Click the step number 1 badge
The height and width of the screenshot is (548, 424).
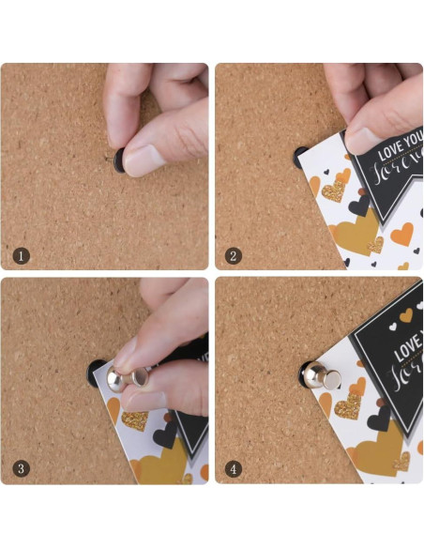tap(22, 254)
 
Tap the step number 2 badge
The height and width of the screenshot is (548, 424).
tap(235, 254)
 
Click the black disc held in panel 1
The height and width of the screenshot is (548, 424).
tap(117, 161)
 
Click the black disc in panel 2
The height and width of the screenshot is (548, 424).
tap(300, 157)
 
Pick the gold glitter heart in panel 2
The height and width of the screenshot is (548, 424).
tap(333, 191)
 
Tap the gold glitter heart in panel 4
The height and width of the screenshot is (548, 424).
tap(349, 406)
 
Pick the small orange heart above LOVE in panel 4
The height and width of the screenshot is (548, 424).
tap(405, 317)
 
